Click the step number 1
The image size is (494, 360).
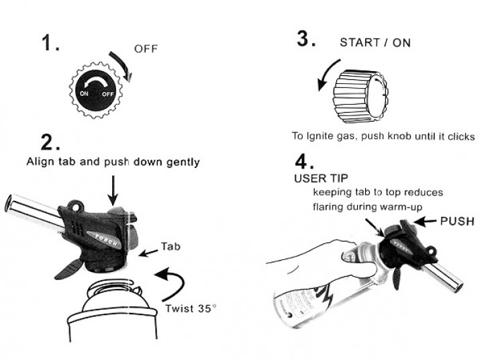[50, 44]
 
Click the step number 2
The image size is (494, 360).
[51, 142]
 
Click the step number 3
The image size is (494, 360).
[306, 40]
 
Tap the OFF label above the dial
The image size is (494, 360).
[146, 49]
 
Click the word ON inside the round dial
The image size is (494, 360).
[84, 94]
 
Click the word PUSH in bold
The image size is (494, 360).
[457, 221]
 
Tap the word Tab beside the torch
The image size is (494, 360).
[170, 246]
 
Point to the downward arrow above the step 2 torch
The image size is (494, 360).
[113, 187]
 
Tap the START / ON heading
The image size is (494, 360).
[375, 42]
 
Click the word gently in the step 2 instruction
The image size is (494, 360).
[181, 162]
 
